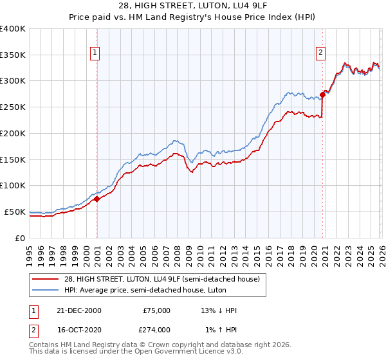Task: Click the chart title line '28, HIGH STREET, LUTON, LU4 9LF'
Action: tap(193, 6)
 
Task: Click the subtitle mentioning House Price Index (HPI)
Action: tap(193, 17)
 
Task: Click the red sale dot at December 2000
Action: tap(97, 199)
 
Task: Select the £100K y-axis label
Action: tap(13, 186)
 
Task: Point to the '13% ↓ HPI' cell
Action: tap(219, 310)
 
